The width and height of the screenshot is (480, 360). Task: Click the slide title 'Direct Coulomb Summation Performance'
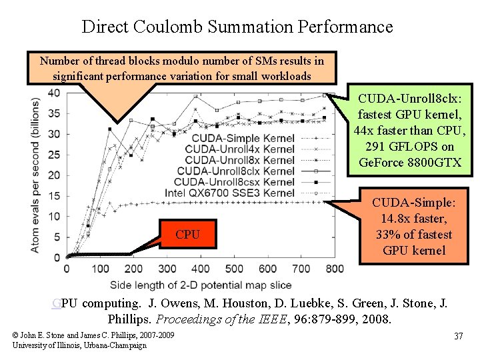[237, 27]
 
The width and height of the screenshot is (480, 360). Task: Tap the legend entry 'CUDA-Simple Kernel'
[233, 138]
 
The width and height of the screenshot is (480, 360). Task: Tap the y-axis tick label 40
[53, 93]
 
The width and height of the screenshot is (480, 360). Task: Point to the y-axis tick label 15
[53, 195]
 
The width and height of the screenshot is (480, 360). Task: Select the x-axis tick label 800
[335, 269]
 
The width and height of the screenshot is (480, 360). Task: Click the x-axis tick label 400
[201, 269]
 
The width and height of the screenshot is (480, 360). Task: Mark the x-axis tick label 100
[100, 269]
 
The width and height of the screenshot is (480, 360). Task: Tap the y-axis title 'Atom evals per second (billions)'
[35, 175]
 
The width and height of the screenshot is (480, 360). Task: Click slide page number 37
[458, 336]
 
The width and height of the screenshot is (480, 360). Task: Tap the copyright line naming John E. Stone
[93, 335]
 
